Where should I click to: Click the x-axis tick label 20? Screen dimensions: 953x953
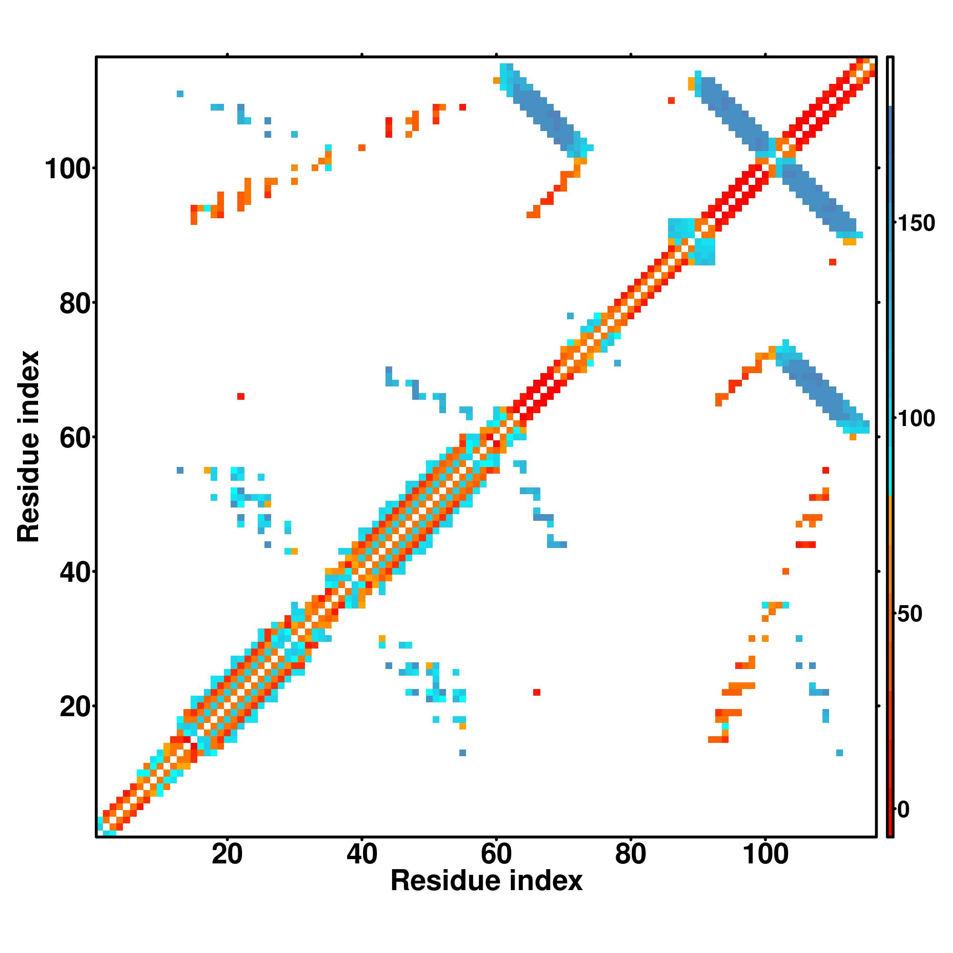(227, 854)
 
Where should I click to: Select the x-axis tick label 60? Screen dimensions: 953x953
(496, 854)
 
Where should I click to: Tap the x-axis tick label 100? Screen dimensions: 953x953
(765, 854)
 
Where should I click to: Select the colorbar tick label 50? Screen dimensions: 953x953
(911, 614)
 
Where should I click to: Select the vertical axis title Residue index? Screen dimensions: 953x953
(29, 446)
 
